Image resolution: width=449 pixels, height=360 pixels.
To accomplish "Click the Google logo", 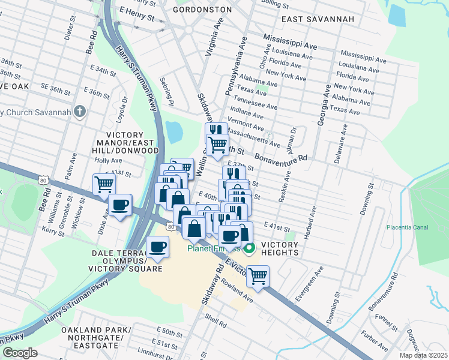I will (x=20, y=353).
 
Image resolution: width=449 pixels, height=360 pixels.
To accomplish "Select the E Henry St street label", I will (x=137, y=13).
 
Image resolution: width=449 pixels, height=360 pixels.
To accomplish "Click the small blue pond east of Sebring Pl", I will (x=173, y=131).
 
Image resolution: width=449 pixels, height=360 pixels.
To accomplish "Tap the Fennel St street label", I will (x=394, y=323).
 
